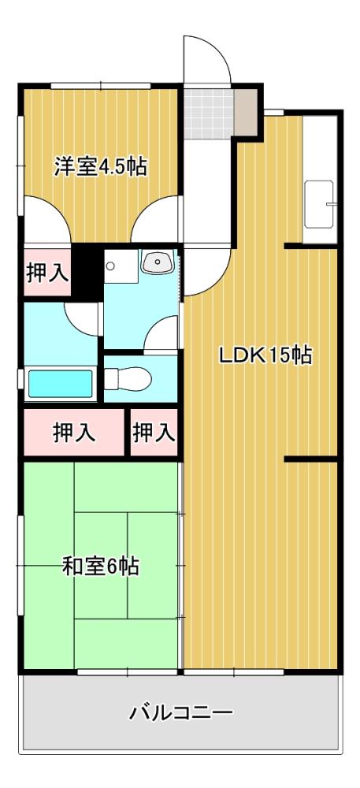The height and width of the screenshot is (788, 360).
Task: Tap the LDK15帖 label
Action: pos(265,355)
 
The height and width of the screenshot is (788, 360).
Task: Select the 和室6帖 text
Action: pos(100,566)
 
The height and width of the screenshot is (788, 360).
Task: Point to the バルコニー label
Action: pos(180,714)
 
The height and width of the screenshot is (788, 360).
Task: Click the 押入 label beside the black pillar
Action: pos(46,273)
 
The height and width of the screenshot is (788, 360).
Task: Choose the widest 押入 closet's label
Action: pos(74,433)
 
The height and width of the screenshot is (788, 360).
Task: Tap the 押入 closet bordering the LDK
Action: pos(154,433)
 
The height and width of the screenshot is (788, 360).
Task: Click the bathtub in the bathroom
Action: pos(60,384)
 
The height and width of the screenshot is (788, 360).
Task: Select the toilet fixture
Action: pos(129,379)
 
